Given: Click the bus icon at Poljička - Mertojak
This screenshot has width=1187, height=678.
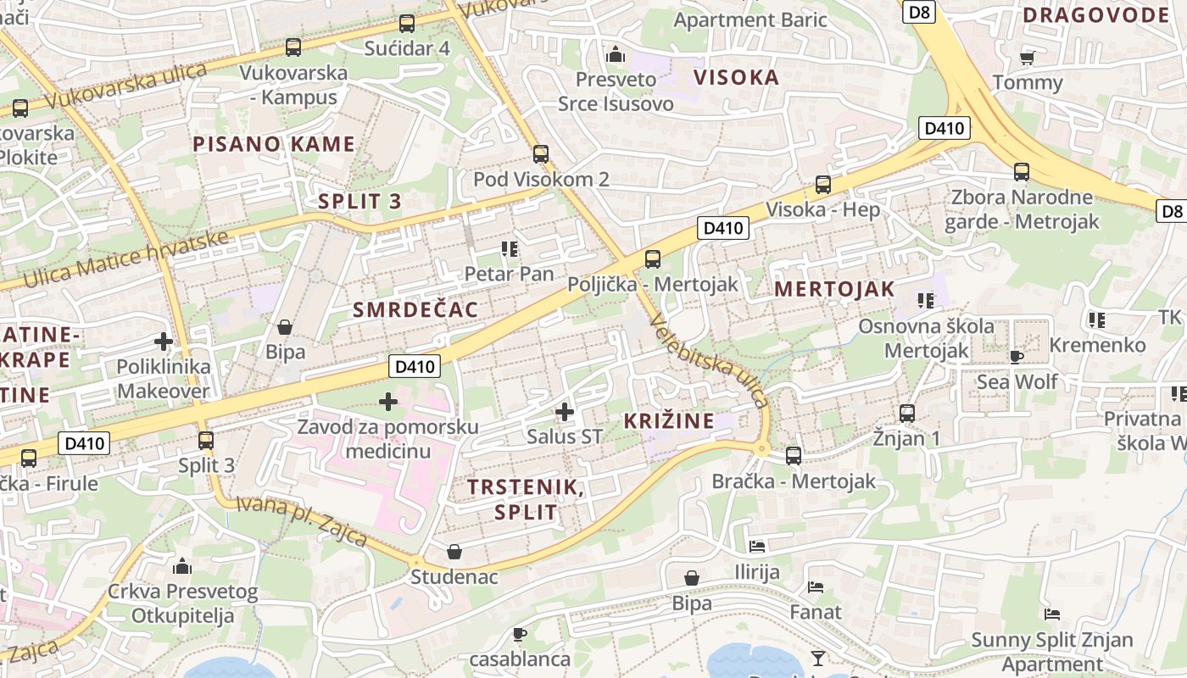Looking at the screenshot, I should point(652,259).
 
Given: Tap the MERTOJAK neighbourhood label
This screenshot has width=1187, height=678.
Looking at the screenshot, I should point(834,289).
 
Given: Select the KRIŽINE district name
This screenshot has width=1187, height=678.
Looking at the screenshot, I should point(668,420).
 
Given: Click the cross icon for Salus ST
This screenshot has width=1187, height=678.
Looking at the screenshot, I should point(565,413).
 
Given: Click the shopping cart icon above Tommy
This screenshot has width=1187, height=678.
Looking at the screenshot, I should point(1028,58).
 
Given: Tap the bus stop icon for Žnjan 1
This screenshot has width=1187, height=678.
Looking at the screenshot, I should point(907,414).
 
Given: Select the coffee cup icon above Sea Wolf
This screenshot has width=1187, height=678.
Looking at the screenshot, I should point(1017,356).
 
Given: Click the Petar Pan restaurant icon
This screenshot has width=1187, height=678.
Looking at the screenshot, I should point(510,248).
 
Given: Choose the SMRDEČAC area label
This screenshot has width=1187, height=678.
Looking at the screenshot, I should point(415,309).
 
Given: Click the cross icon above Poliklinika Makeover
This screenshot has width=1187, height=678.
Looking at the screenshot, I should point(164,342).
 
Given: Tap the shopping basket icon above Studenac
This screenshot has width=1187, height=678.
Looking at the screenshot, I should point(454,553).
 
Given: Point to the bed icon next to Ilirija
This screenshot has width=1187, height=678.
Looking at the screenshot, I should point(757,547).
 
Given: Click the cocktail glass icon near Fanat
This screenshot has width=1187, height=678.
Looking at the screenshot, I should point(817,658).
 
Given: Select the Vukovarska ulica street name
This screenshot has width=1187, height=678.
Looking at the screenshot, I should point(127,85).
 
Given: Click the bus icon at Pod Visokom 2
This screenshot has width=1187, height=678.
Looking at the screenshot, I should point(541,154).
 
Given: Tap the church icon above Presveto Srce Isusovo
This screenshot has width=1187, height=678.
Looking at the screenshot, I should point(616,55).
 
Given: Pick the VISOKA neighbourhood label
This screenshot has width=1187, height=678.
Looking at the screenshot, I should point(736,78).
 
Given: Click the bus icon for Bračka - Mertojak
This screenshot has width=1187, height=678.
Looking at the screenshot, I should point(794,456).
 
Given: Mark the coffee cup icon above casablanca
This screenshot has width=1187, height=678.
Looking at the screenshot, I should point(520,634).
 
